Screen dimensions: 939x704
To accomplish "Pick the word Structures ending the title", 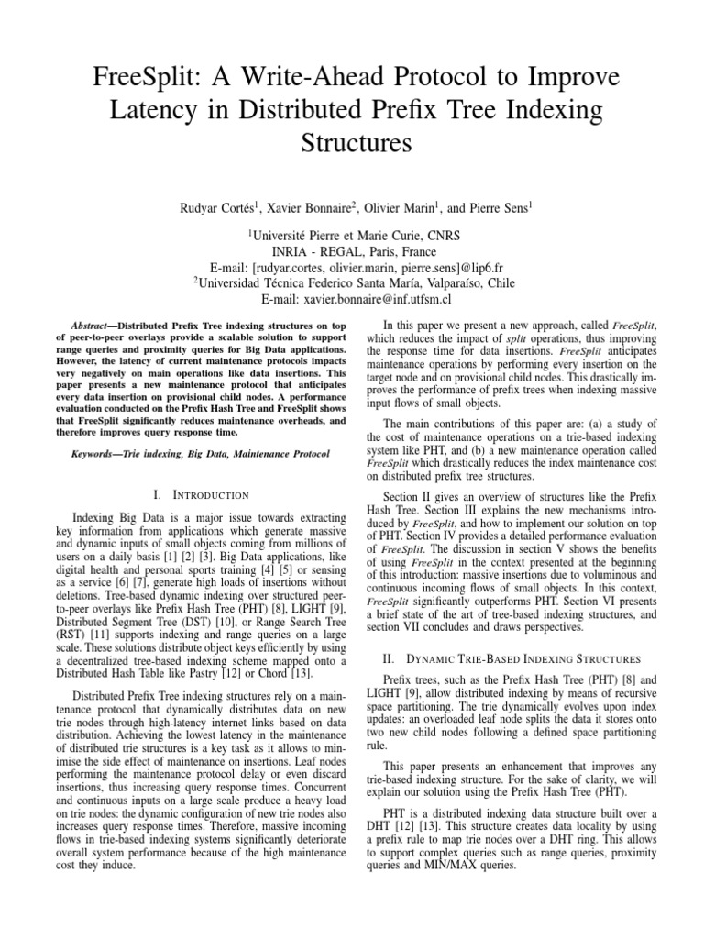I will tap(351, 145).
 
